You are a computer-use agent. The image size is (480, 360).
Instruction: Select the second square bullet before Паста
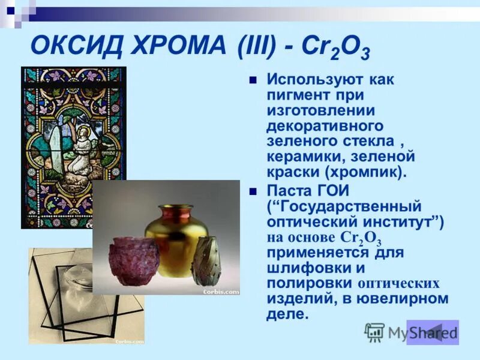pos(253,192)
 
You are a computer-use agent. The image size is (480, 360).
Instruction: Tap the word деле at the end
pos(287,314)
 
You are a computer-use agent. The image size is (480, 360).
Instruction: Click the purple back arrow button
pos(432,332)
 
